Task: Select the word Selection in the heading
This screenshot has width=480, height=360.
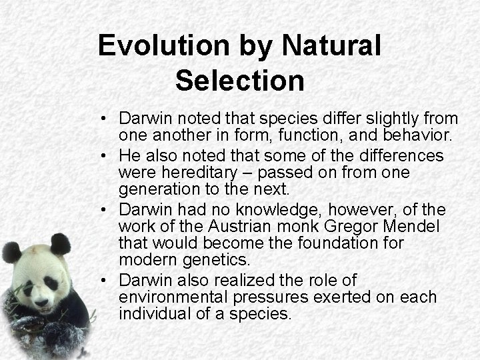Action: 240,81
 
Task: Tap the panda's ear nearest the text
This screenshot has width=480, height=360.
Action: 61,243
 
